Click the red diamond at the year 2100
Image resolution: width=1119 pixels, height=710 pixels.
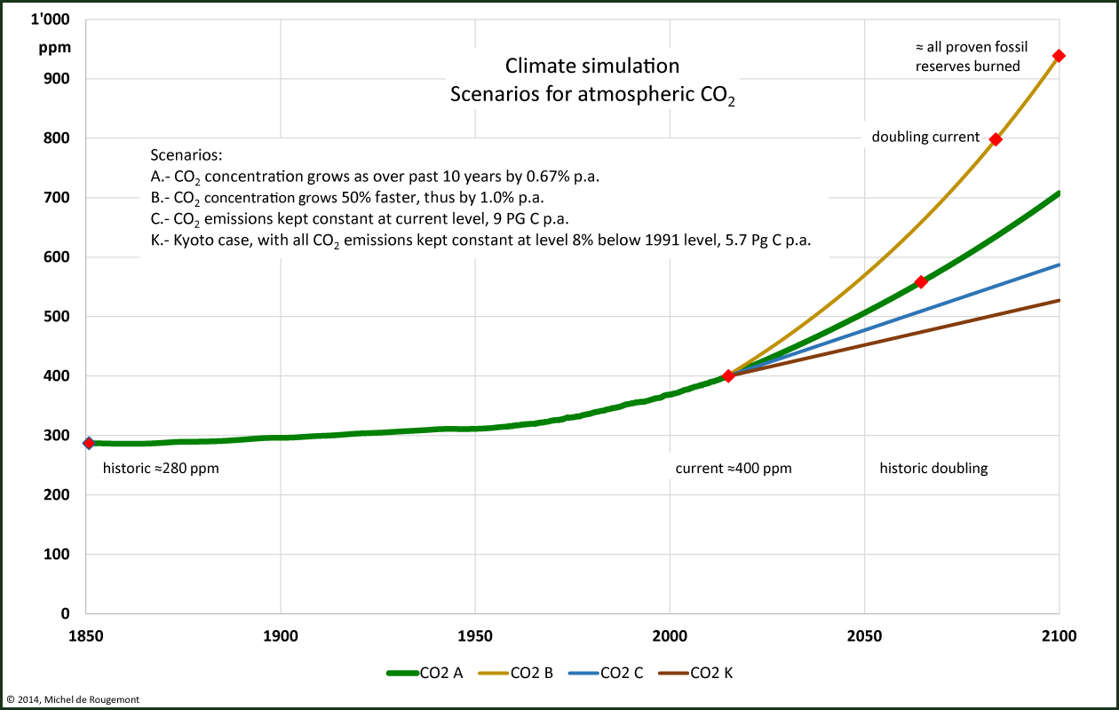(1059, 56)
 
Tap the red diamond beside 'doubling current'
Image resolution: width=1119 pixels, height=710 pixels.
(996, 139)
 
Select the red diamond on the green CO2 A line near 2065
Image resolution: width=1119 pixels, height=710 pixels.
(921, 282)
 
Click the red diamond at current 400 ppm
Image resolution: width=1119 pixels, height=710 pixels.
(728, 376)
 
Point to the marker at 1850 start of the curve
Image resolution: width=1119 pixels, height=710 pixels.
(89, 443)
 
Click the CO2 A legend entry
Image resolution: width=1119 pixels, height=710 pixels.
(425, 673)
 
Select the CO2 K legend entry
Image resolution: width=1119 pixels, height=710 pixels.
(696, 673)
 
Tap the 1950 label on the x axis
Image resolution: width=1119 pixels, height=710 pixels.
(475, 636)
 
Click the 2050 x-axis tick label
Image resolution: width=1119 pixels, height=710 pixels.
(864, 636)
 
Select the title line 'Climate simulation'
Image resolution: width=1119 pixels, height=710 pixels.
(592, 66)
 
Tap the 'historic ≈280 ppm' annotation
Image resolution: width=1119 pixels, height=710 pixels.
(161, 469)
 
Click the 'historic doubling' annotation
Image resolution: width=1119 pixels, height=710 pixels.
(933, 469)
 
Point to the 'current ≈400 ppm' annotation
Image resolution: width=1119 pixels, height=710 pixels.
(734, 469)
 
